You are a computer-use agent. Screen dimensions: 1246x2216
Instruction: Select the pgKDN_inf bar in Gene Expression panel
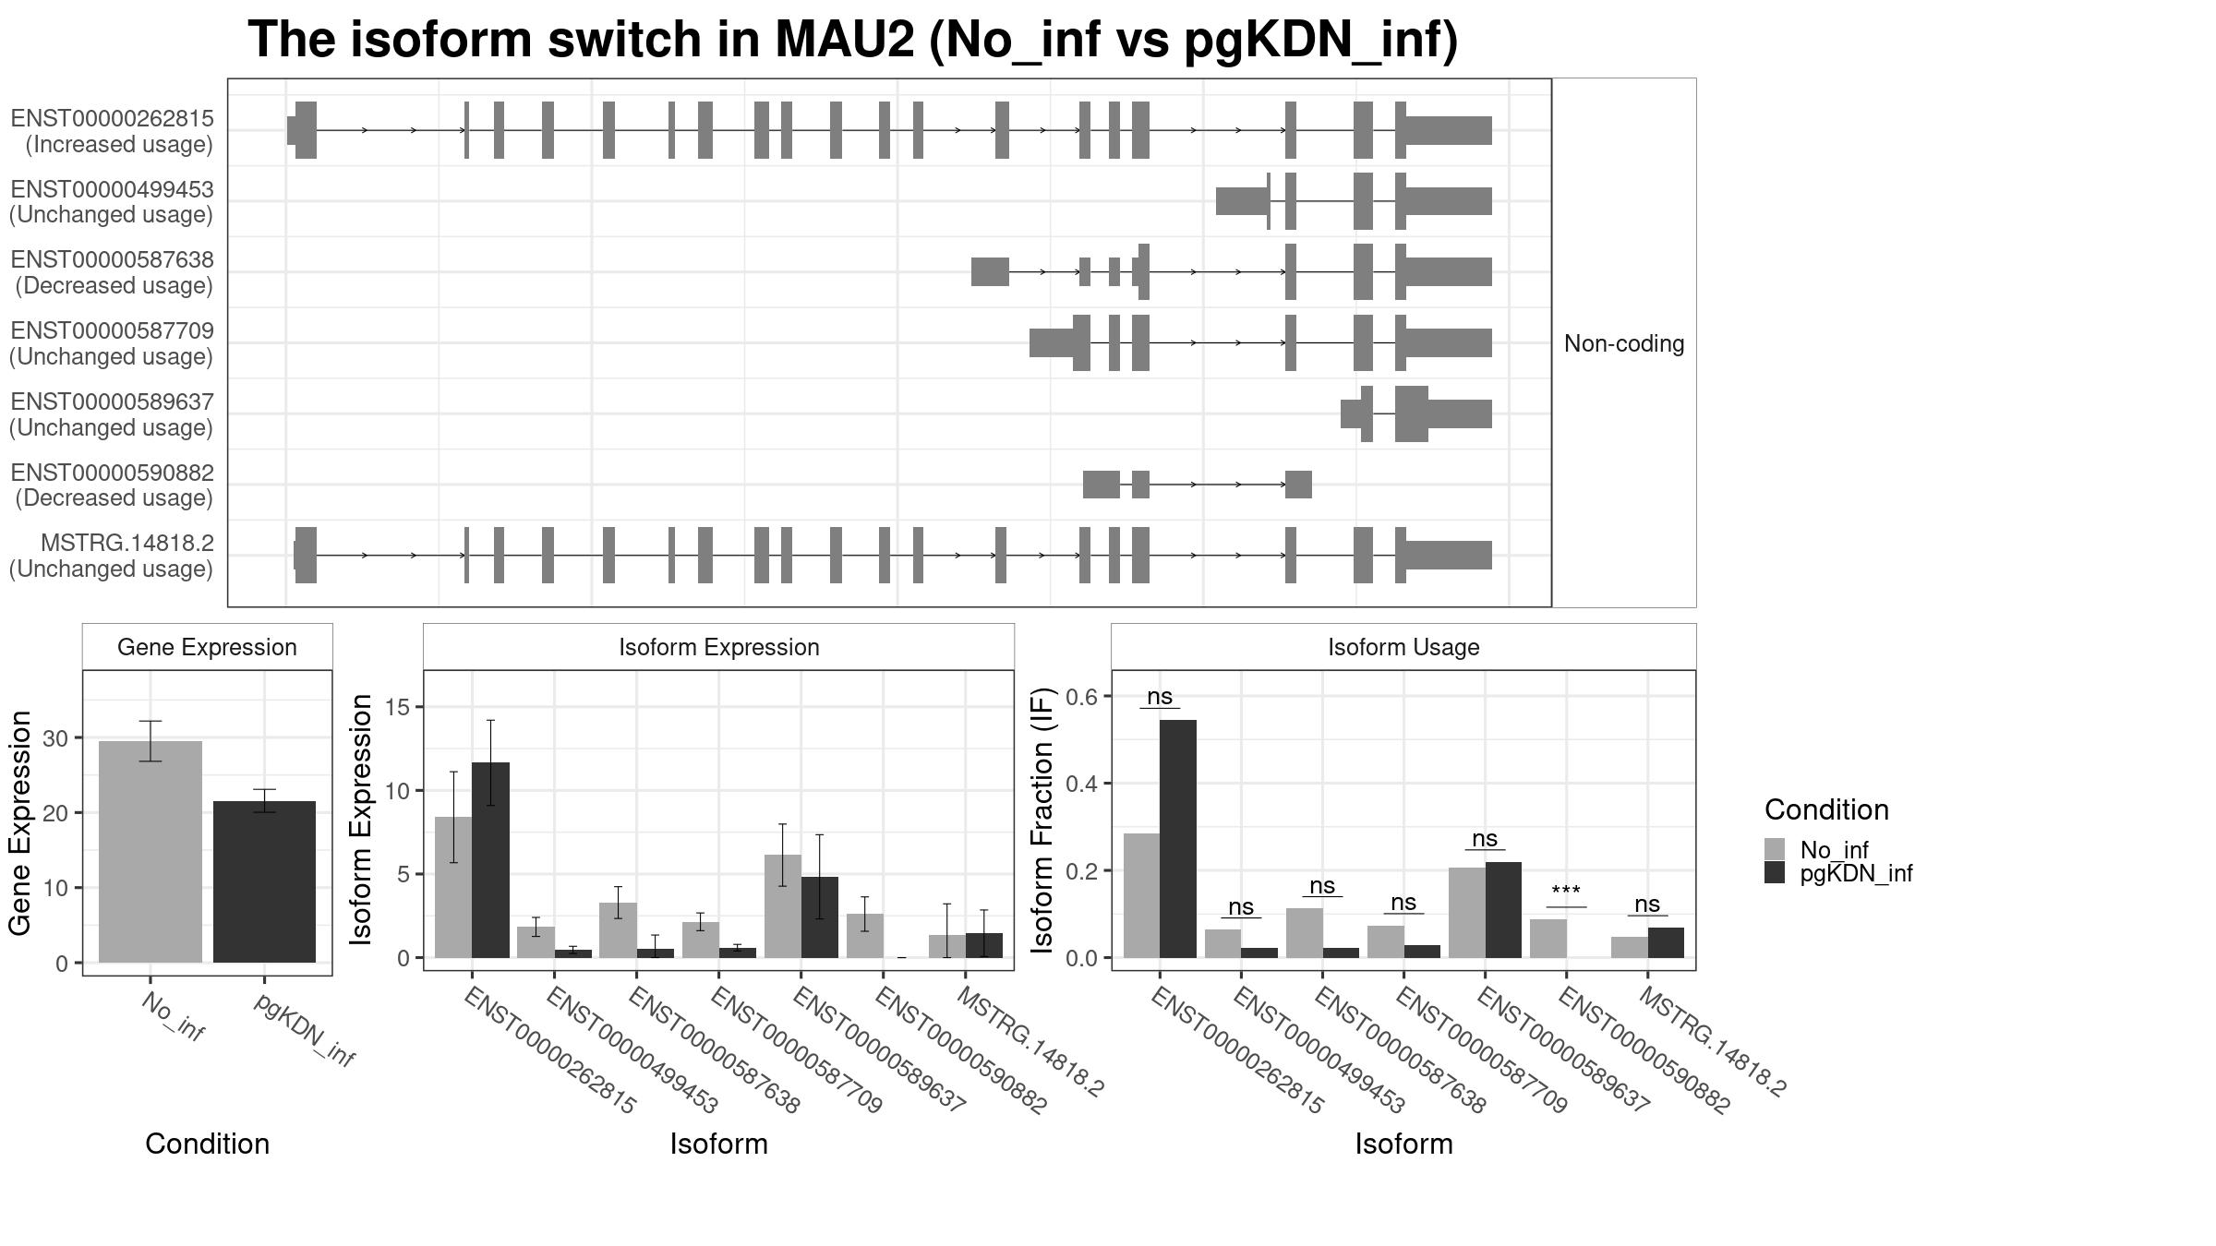click(x=264, y=881)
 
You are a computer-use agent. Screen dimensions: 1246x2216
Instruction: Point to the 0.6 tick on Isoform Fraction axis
click(x=1085, y=697)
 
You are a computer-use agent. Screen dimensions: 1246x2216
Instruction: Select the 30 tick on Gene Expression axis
click(x=55, y=738)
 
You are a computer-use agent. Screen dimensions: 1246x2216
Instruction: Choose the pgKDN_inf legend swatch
click(x=1775, y=873)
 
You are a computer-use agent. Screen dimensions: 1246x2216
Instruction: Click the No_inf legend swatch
click(x=1775, y=849)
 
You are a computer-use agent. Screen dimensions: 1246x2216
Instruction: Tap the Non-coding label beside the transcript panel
click(x=1623, y=343)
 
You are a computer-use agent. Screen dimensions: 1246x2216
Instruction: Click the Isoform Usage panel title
click(x=1403, y=647)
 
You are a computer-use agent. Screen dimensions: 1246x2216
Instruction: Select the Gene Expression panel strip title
click(x=207, y=647)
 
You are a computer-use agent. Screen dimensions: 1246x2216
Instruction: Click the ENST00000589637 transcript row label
click(x=112, y=414)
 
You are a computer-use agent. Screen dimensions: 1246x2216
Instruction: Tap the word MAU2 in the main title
click(x=844, y=40)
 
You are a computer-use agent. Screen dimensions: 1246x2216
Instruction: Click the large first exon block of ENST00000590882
click(x=1101, y=485)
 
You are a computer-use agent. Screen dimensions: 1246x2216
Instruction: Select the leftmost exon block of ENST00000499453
click(x=1241, y=201)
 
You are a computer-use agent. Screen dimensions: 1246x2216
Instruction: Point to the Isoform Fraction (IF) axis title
click(x=1042, y=820)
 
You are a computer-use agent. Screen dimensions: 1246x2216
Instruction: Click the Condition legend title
click(x=1825, y=809)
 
